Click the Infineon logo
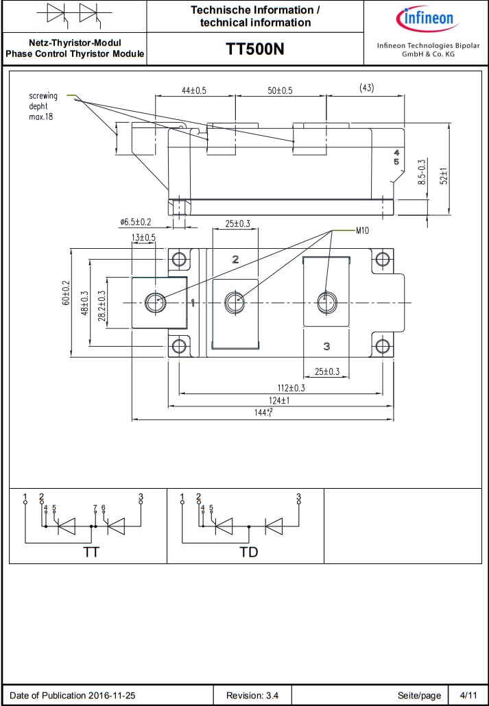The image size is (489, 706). (x=426, y=19)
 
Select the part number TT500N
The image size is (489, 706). (x=255, y=49)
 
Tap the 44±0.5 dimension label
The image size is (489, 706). (x=194, y=90)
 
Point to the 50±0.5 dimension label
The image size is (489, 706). (x=279, y=90)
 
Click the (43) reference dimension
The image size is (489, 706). (x=367, y=88)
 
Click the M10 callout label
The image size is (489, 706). (x=362, y=231)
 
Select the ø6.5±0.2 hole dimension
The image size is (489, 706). (x=136, y=222)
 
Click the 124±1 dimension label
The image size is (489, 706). (x=279, y=400)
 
